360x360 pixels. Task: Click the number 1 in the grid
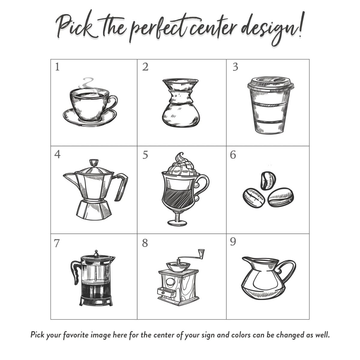(57, 67)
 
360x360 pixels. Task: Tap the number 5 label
(145, 155)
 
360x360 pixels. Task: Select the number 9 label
(233, 242)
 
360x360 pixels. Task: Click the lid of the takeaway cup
(271, 83)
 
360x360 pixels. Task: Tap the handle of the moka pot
(122, 186)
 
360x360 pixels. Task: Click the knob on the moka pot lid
(94, 162)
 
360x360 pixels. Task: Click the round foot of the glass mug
(177, 223)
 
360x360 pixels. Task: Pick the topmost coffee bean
(268, 181)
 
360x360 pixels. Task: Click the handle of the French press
(75, 273)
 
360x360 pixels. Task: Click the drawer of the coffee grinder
(166, 292)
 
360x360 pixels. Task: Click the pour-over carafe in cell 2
(181, 103)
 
